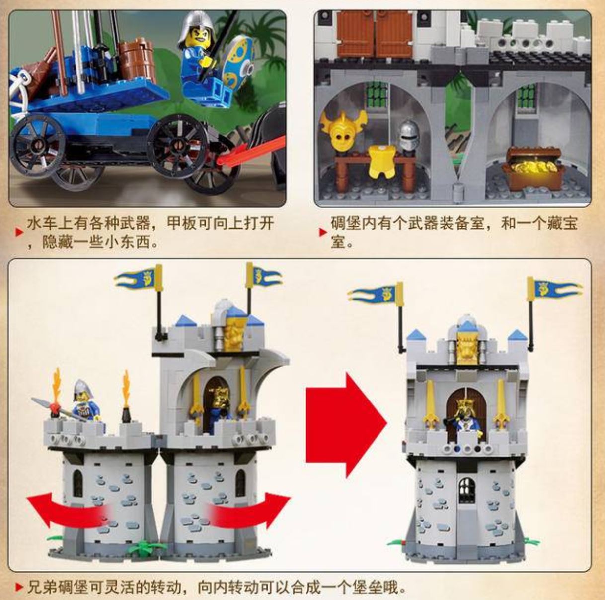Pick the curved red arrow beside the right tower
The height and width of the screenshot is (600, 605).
pos(249,506)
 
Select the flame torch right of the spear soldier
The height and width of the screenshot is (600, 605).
pos(126,396)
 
